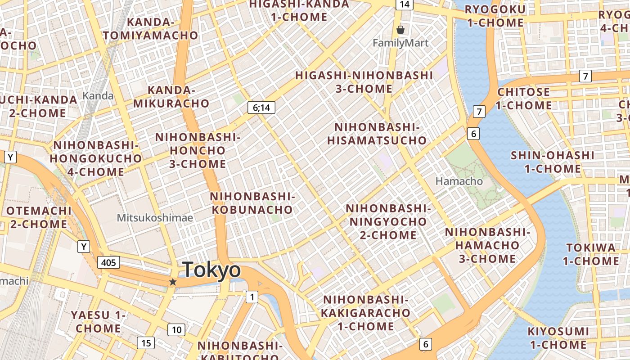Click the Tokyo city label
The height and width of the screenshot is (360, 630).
211,270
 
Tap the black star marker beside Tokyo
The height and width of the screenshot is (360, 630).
172,282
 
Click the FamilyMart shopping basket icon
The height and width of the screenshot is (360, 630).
400,30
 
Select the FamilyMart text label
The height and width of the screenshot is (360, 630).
400,43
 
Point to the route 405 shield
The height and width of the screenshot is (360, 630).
108,262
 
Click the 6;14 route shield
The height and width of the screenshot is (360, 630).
261,108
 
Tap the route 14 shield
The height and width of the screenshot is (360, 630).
405,4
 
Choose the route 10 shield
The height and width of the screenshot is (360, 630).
176,330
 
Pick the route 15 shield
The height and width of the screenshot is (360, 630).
146,343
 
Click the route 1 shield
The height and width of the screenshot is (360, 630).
252,297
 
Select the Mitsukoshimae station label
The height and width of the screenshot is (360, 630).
155,218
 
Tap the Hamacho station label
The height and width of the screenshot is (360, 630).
459,181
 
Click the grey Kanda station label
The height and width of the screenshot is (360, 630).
98,95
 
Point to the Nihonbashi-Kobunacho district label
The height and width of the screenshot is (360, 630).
252,203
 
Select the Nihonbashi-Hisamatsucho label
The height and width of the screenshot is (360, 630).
377,134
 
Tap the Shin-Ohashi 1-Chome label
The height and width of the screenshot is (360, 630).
552,162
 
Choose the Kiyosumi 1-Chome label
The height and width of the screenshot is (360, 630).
558,338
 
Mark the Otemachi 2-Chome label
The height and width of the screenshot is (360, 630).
39,217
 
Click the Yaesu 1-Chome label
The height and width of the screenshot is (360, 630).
98,322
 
